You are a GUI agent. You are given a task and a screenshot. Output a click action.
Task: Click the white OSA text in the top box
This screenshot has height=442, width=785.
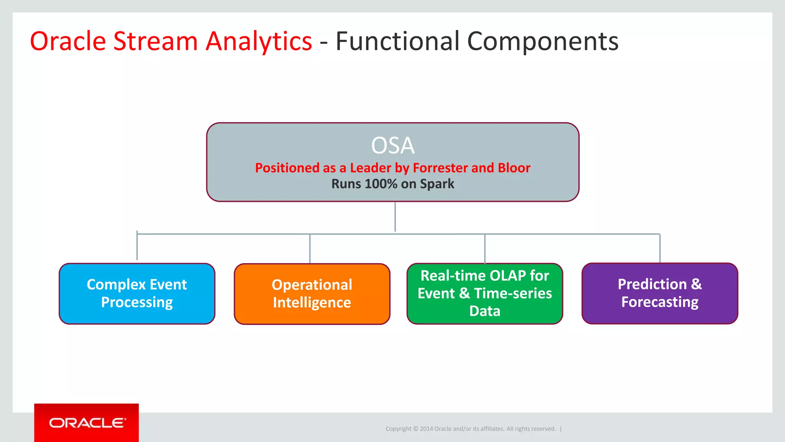coord(392,146)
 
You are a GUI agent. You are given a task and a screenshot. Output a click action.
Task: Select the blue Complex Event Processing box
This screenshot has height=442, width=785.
coord(137,294)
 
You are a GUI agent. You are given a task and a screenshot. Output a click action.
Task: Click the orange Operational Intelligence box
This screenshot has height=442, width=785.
coord(312,294)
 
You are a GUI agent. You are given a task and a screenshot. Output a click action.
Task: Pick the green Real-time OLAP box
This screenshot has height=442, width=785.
coord(484,294)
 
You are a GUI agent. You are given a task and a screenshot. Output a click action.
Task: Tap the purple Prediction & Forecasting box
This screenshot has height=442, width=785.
coord(659,294)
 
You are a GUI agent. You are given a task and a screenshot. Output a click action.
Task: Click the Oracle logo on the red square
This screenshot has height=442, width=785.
coord(87,423)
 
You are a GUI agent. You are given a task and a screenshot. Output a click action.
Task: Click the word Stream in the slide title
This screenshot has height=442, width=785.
coord(155,41)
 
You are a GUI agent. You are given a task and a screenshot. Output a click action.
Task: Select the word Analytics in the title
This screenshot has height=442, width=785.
coord(259,41)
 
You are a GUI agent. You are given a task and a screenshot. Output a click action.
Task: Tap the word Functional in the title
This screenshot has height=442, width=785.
coord(397,41)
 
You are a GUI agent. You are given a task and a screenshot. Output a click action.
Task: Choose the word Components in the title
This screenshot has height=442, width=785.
coord(543,41)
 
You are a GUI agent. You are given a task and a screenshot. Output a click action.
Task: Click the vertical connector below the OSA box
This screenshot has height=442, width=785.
coord(395,217)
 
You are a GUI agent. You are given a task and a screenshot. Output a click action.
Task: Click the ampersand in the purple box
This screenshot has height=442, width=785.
coord(696,284)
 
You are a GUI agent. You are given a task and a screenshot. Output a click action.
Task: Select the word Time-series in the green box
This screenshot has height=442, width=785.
coord(513,294)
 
